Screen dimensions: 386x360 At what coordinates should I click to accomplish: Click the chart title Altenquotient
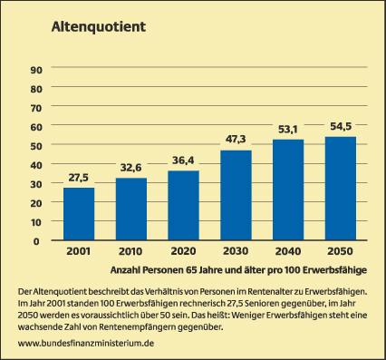tap(99, 26)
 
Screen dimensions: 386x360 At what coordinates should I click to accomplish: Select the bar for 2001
tap(79, 214)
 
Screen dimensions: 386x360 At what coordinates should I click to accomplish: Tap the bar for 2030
tap(236, 195)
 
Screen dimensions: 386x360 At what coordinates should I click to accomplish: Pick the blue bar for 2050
tap(341, 189)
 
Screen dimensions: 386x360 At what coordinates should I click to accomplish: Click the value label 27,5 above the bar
tap(78, 178)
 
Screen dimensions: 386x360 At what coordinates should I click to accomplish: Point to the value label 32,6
tap(130, 168)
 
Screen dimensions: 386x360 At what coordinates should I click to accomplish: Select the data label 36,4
tap(183, 161)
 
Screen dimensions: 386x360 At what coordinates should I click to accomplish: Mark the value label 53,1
tap(288, 130)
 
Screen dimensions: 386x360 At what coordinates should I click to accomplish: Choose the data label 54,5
tap(341, 126)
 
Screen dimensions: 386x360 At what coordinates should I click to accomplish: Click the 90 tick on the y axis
tap(36, 70)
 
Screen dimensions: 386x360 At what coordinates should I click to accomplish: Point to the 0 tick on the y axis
tap(36, 241)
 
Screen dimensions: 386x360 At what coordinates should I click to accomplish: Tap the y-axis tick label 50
tap(36, 146)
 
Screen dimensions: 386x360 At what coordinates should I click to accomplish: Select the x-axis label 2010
tap(130, 251)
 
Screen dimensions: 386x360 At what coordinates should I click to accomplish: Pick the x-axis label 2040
tap(288, 251)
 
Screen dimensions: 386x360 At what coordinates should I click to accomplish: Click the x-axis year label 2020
tap(183, 251)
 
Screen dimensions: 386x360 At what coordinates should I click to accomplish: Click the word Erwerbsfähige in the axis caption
tap(334, 270)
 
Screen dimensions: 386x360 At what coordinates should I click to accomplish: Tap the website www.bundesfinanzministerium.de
tap(86, 343)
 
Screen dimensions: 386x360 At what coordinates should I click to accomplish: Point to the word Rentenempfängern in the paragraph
tap(137, 327)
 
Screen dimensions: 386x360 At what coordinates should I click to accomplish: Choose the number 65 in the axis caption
tap(191, 270)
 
